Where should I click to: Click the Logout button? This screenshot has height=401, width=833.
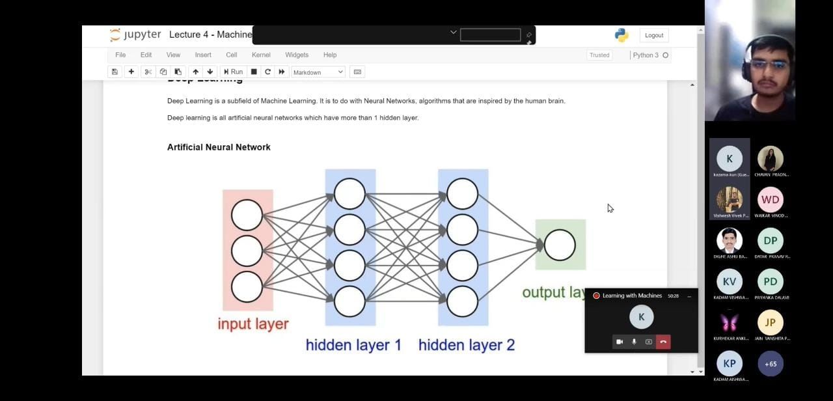(654, 35)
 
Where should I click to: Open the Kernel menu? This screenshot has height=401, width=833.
(261, 55)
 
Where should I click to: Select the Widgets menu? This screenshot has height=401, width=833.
(297, 55)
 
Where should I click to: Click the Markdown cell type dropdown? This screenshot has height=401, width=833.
(318, 72)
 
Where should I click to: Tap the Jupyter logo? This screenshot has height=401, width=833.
(135, 35)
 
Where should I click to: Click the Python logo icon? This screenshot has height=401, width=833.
(621, 35)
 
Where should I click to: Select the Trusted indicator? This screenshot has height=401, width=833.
(599, 55)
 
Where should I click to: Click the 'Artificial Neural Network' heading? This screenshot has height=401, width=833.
(219, 147)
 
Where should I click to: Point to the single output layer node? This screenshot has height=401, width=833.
(560, 245)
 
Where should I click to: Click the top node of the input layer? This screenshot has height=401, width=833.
(247, 215)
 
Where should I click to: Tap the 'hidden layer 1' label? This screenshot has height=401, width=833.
(353, 345)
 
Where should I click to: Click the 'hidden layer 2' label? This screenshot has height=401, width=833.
(466, 345)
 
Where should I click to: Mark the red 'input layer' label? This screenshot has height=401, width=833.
(253, 324)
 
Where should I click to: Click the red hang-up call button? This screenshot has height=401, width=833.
(663, 342)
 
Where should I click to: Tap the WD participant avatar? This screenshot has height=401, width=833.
(770, 200)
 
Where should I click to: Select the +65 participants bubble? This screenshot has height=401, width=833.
(771, 364)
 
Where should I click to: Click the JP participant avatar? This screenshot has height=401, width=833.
(770, 322)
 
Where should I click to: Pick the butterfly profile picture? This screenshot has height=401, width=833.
(730, 322)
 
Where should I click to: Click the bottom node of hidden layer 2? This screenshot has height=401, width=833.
(463, 301)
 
